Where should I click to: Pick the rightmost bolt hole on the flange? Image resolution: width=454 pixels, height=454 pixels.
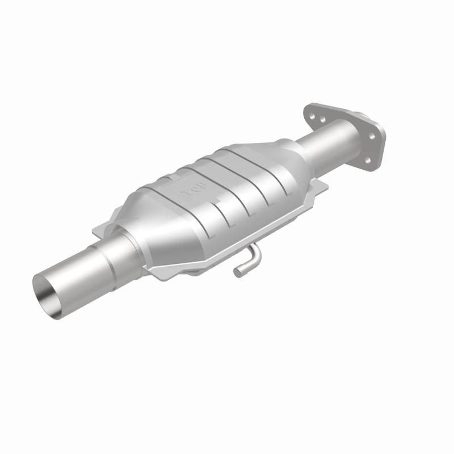click(372, 137)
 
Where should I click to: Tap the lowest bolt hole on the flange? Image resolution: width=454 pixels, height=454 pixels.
click(367, 161)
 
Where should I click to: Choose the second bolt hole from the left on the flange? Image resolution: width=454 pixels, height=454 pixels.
click(322, 121)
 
